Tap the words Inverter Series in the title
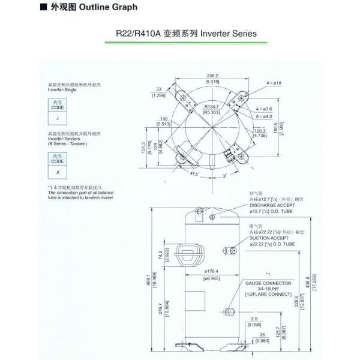tap(231, 34)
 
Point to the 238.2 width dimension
tap(212, 76)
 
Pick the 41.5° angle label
tap(176, 174)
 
